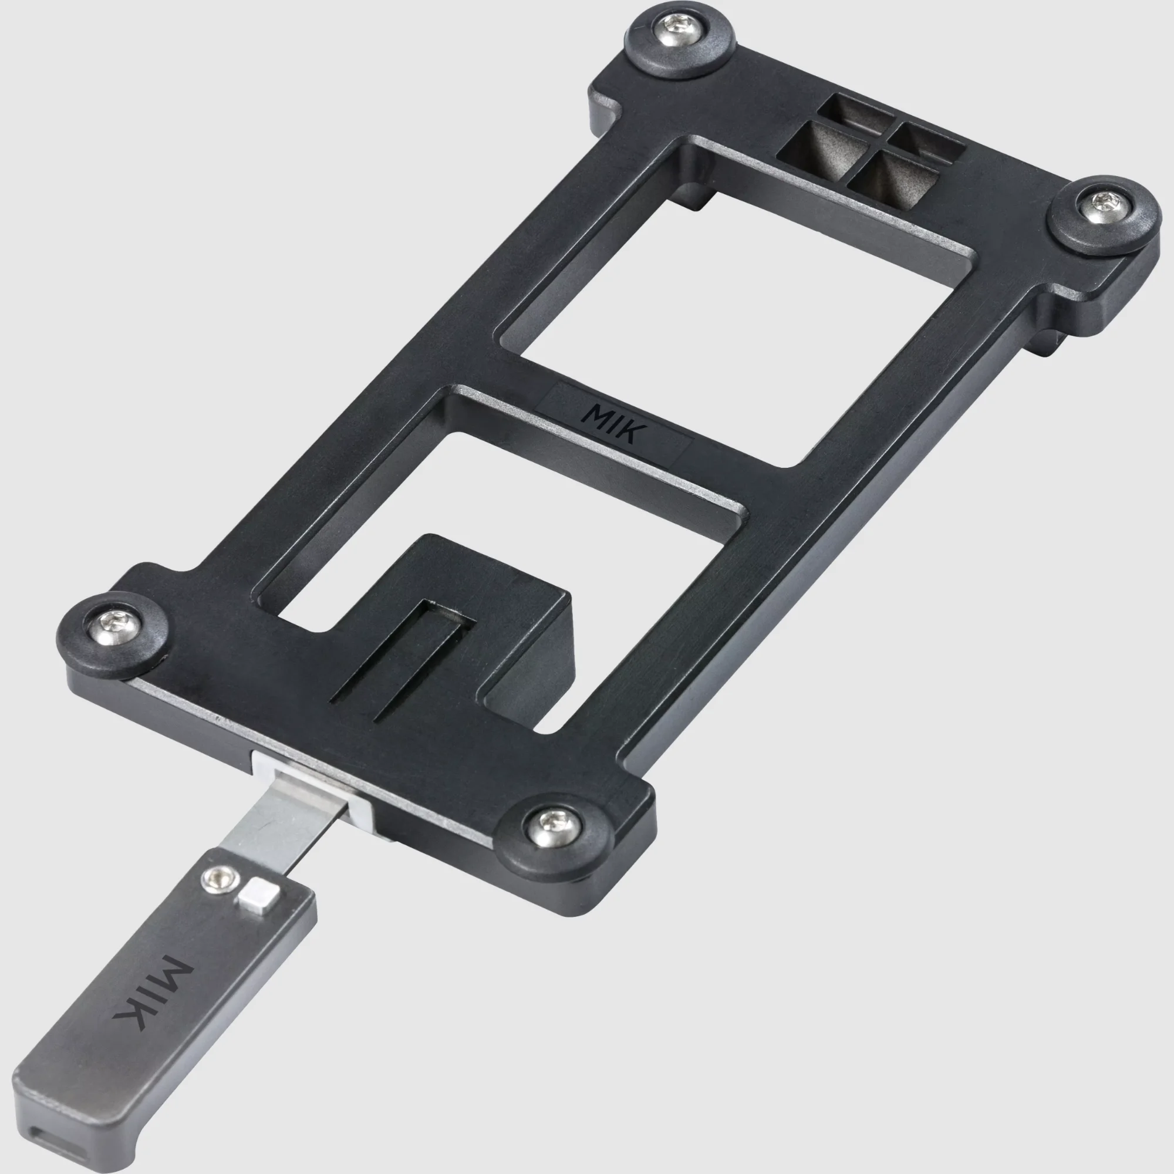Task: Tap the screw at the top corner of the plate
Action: [x=679, y=29]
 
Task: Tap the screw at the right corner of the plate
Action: [x=1105, y=207]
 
